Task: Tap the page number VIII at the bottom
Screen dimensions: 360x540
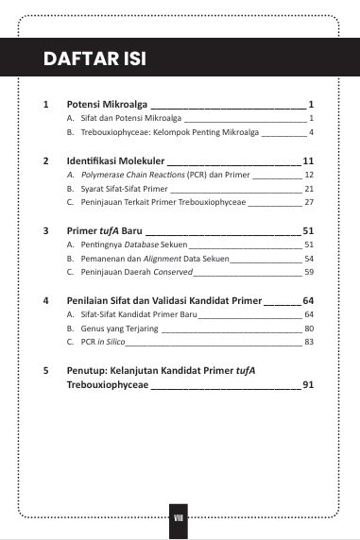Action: click(x=180, y=517)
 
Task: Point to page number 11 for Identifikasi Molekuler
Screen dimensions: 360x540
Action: click(x=308, y=161)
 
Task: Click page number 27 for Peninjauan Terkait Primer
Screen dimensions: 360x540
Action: click(x=308, y=202)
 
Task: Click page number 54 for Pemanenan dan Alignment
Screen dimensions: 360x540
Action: click(x=308, y=258)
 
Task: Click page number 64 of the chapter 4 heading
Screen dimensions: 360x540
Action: click(x=308, y=300)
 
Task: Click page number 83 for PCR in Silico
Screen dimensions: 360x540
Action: click(x=308, y=342)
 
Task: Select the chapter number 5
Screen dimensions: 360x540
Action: click(x=45, y=370)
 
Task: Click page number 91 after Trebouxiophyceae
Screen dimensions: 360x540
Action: click(x=308, y=384)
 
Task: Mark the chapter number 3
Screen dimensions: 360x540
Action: click(x=45, y=230)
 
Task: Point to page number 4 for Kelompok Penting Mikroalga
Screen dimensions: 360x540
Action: click(x=310, y=131)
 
